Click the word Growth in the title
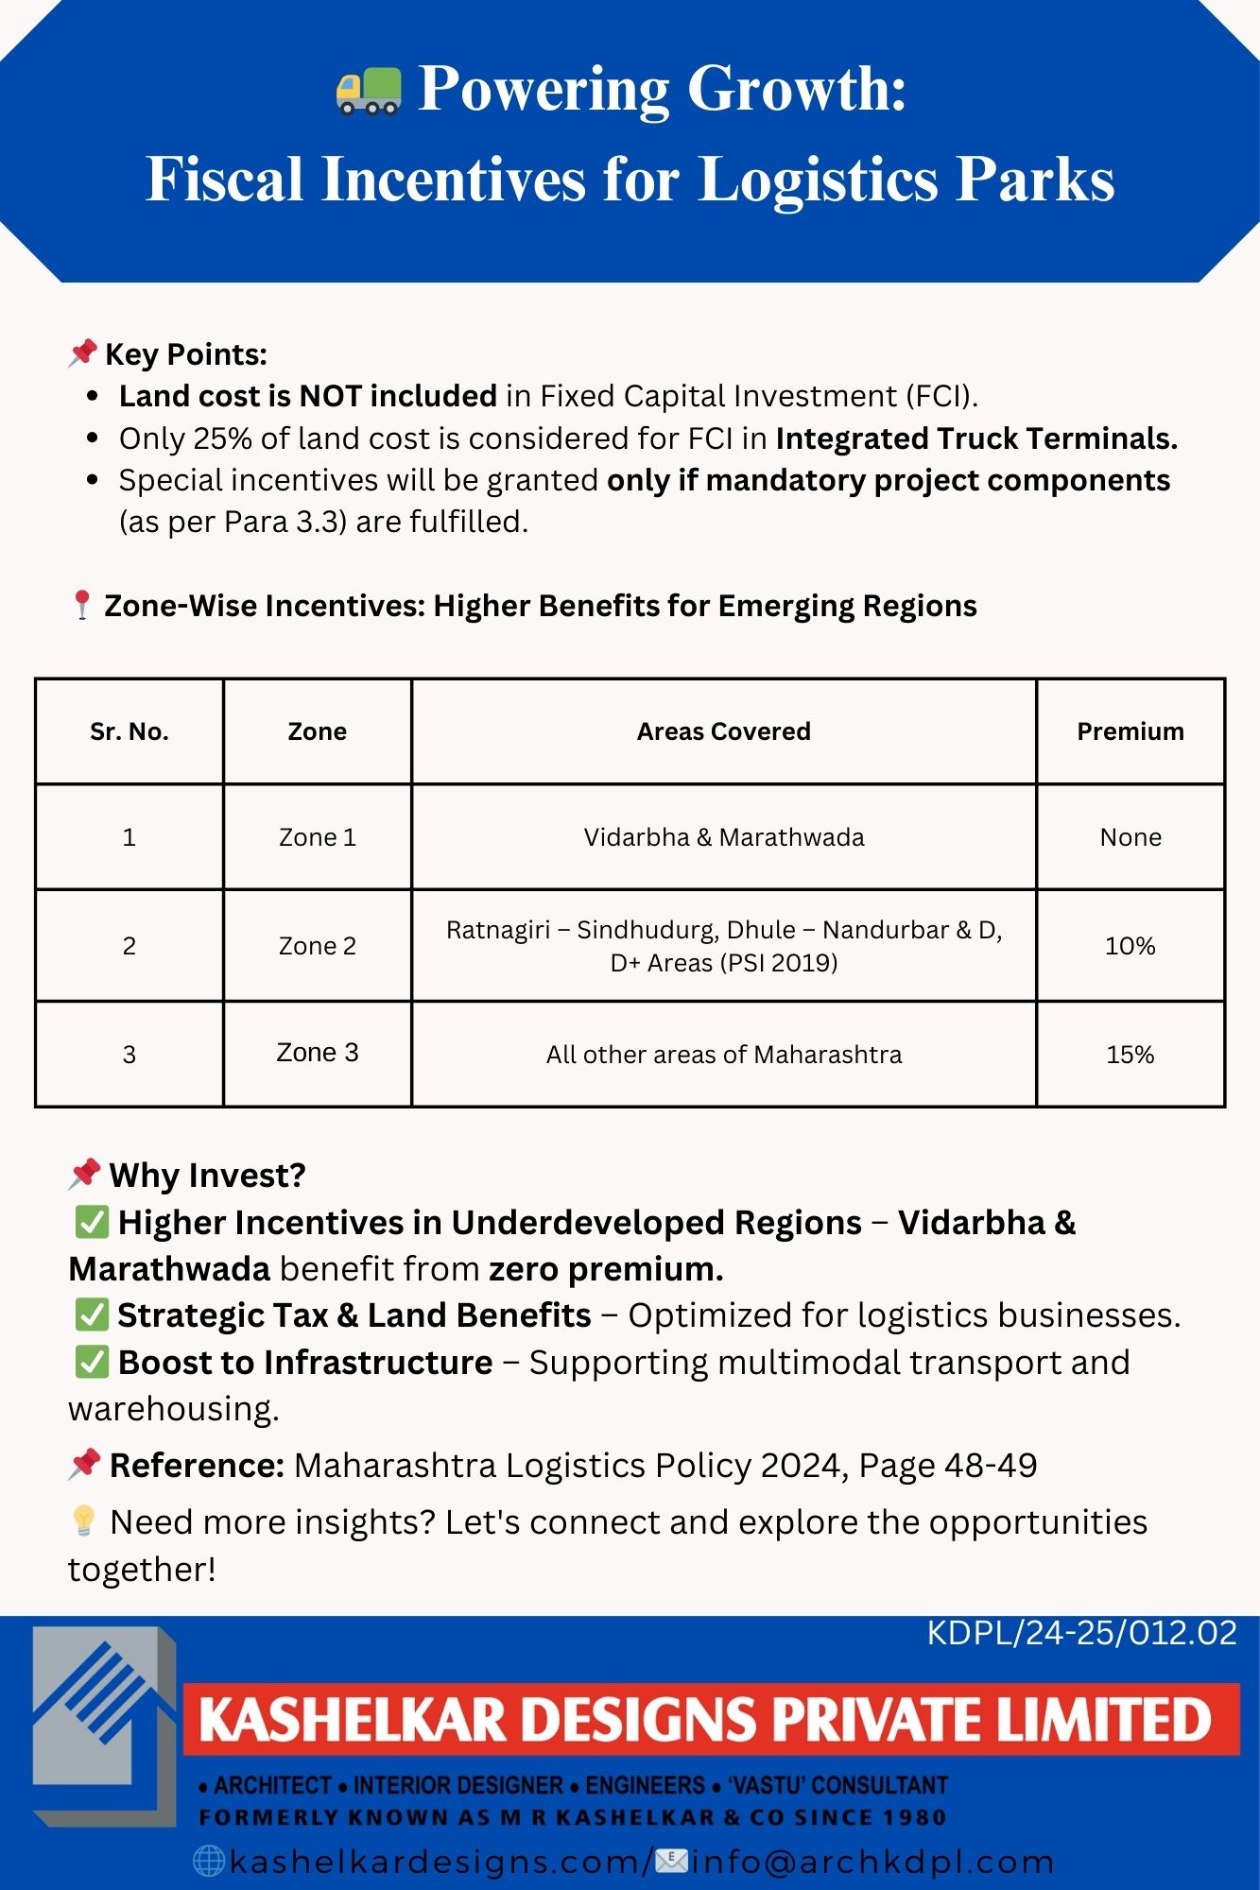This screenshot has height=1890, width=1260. (x=796, y=90)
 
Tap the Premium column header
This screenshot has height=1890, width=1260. (x=1130, y=731)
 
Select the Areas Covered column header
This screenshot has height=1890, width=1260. (x=723, y=731)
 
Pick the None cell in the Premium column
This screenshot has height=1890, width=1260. (x=1130, y=837)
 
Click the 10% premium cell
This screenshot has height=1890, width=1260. (x=1130, y=946)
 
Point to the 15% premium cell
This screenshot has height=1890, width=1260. (x=1130, y=1055)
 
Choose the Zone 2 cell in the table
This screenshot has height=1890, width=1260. (x=317, y=946)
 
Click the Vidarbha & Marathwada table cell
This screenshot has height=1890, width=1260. (x=723, y=837)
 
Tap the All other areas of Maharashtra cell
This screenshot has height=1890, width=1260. (x=723, y=1055)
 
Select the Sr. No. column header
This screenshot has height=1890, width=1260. (x=129, y=731)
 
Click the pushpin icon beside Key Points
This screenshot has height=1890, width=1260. (x=83, y=353)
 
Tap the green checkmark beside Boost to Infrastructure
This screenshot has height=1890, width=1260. (x=92, y=1362)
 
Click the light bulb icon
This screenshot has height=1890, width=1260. (x=84, y=1521)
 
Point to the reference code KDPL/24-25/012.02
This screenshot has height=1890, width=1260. (x=1081, y=1633)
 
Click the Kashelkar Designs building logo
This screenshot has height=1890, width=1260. (x=104, y=1725)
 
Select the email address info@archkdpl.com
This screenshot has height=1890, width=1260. (x=872, y=1861)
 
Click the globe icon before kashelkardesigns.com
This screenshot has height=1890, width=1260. (x=208, y=1861)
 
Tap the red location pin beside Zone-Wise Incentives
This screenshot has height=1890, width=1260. (x=82, y=605)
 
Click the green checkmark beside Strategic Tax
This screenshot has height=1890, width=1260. (x=92, y=1314)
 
